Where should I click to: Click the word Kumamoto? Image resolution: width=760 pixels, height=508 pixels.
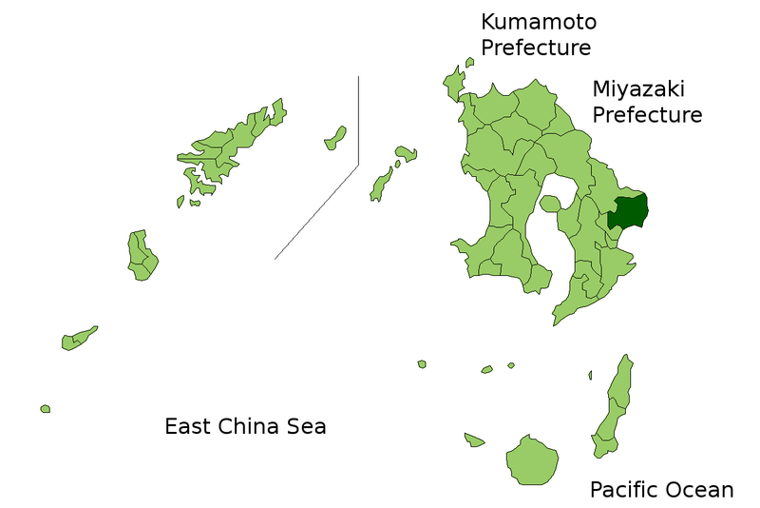click(x=539, y=22)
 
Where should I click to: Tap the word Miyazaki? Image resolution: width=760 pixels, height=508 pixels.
click(x=638, y=89)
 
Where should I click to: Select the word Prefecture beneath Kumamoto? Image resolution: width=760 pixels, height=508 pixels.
click(x=536, y=48)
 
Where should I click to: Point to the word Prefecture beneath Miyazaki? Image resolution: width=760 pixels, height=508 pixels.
click(x=647, y=115)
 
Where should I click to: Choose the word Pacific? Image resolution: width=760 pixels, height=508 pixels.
click(x=623, y=490)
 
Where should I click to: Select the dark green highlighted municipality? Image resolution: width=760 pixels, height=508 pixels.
click(x=628, y=212)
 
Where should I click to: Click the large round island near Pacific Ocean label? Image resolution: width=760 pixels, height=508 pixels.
click(x=531, y=460)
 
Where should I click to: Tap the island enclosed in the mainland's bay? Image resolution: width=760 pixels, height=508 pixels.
click(x=550, y=204)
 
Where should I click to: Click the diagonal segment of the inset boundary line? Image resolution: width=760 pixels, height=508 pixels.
click(x=316, y=211)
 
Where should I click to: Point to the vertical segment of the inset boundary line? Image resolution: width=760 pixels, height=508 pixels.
click(x=358, y=119)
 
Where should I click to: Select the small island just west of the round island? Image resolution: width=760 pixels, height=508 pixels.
click(x=474, y=440)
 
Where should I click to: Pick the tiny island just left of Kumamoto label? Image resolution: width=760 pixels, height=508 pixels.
click(x=470, y=63)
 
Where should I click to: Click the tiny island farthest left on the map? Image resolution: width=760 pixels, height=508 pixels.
click(x=45, y=409)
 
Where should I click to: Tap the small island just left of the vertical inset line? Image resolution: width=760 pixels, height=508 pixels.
click(x=334, y=139)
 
